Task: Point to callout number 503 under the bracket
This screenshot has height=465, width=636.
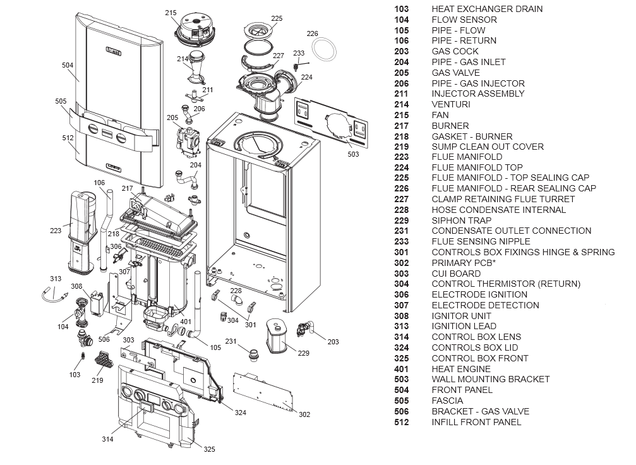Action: [353, 154]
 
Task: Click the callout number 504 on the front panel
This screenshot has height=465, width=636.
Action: [68, 65]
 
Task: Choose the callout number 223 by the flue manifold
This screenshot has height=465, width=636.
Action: [56, 231]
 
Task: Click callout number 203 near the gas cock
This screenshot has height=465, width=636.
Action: [333, 342]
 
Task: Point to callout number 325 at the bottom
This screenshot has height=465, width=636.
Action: [209, 449]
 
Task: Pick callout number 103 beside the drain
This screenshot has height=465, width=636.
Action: [75, 375]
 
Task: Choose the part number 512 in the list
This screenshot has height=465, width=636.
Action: [401, 422]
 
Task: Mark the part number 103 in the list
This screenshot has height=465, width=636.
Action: [401, 9]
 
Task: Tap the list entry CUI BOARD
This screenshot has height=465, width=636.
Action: [456, 274]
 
